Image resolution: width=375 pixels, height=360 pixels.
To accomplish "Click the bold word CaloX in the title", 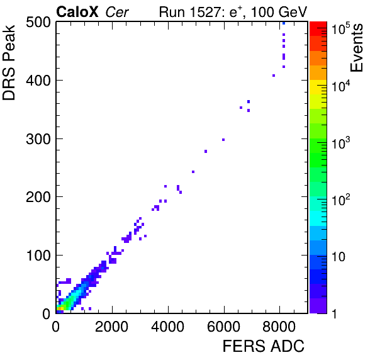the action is pos(77,12).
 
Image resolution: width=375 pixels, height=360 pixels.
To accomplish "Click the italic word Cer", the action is pos(117,12).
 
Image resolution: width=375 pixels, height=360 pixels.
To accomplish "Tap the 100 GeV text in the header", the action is pos(279,12).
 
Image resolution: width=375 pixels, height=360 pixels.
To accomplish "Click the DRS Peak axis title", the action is pos(9,62).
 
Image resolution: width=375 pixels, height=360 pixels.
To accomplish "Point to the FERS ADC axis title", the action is pos(264,346).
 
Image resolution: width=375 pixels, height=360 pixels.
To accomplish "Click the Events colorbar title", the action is pos(357,48).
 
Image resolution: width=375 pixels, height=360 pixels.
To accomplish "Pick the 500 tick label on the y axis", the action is pos(38,23).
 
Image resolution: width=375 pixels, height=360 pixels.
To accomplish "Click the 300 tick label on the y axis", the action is pos(38,139).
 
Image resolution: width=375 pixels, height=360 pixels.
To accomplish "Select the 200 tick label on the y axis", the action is pos(38,197).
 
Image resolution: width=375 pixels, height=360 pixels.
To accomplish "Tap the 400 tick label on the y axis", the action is pos(38,81).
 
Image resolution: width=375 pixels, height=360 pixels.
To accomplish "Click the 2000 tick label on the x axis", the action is pos(112,327).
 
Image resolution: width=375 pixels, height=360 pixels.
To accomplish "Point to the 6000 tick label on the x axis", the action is pos(223,327).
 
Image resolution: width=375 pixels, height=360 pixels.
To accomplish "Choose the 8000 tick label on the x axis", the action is pos(279,327).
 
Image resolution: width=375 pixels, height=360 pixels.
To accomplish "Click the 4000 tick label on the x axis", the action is pos(167,327).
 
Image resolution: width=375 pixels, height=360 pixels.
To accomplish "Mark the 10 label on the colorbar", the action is pos(339,257).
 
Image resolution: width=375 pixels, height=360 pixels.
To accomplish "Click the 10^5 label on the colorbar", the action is pos(340,28).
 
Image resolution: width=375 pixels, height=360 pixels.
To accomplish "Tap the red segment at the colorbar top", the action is pos(318,29).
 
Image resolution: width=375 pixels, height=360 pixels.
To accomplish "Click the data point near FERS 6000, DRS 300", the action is pos(223,140).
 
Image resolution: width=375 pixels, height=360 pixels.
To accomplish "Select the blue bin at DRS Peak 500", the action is pos(284,23).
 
